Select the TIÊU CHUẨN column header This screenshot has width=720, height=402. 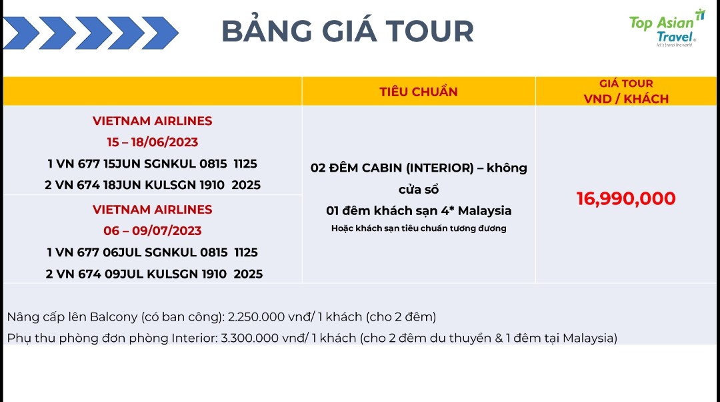418,91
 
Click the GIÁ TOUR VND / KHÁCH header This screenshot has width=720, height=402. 626,91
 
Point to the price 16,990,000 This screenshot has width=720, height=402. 626,198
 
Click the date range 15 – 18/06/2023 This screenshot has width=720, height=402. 153,142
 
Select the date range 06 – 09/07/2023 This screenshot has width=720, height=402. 153,230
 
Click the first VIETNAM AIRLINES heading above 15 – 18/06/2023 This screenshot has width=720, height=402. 153,121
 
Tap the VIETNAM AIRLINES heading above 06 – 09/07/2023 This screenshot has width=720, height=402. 153,209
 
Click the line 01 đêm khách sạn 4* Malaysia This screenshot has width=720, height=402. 418,210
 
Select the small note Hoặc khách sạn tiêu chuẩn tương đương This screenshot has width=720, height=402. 418,228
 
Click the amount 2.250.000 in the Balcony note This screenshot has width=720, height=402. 256,317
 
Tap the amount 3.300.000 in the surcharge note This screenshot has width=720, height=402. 249,338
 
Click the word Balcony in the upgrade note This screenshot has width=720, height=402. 113,317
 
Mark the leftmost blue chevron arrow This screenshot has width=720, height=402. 21,33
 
